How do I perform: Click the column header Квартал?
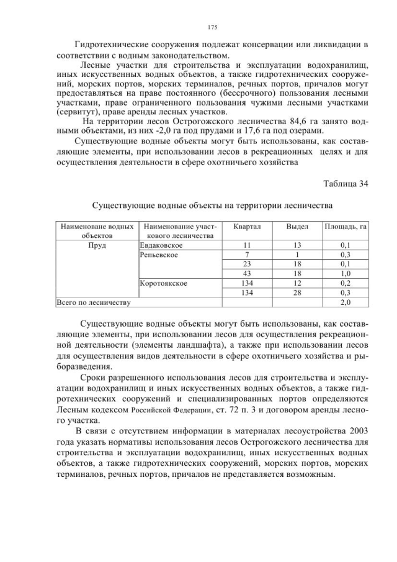pos(247,227)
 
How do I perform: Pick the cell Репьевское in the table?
pos(159,255)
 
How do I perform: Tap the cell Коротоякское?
pos(164,283)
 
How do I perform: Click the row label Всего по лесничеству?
pos(93,302)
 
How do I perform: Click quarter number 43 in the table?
pos(247,274)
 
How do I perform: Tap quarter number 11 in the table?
pos(247,245)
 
